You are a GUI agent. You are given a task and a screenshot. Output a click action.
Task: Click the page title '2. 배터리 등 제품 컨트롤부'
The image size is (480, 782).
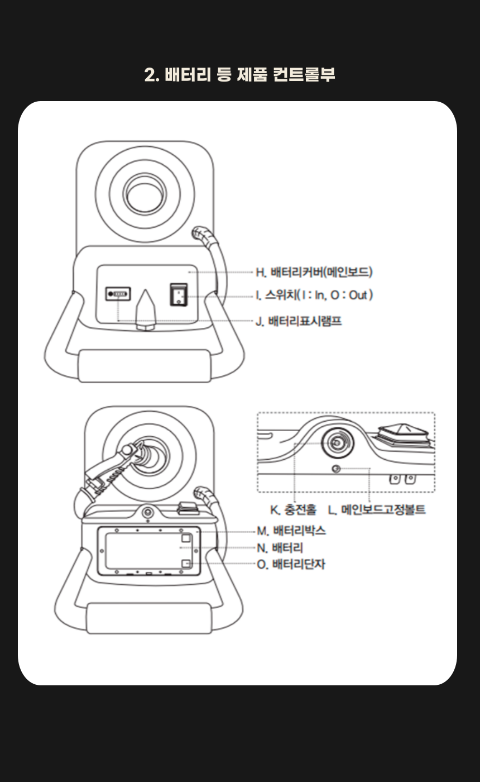(x=239, y=74)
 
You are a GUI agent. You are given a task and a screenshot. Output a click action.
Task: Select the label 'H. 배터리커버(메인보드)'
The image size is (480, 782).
(x=314, y=273)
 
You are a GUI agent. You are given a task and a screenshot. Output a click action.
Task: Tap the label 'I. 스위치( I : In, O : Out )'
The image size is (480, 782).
(x=314, y=295)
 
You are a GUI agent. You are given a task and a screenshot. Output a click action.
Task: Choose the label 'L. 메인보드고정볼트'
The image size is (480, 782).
(x=376, y=509)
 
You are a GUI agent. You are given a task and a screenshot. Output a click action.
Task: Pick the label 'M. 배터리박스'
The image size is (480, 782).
(x=291, y=531)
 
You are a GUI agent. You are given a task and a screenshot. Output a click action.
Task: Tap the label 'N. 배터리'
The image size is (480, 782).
(x=280, y=548)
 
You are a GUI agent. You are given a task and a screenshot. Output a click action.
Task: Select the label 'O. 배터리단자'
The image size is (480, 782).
(x=291, y=565)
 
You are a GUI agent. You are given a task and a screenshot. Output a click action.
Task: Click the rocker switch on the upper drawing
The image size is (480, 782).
(x=179, y=294)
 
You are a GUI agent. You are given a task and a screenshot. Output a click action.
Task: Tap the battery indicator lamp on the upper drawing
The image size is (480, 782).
(x=118, y=293)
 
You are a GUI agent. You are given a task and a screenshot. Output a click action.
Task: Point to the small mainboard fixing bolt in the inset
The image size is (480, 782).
(x=336, y=469)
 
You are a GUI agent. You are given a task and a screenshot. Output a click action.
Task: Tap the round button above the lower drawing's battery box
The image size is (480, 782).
(x=148, y=512)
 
